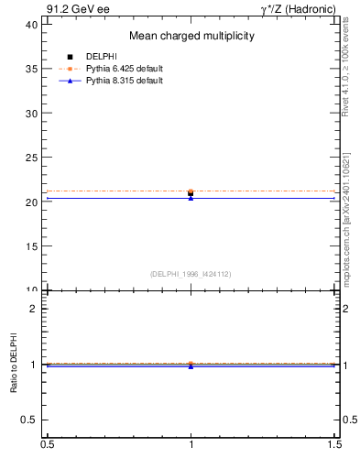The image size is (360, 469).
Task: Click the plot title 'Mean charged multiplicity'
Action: [191, 36]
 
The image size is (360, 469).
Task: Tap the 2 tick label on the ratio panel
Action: [35, 309]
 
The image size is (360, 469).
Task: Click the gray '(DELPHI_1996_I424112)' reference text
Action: [191, 274]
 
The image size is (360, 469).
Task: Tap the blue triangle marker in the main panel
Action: [191, 198]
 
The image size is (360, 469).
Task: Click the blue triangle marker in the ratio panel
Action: [191, 366]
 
